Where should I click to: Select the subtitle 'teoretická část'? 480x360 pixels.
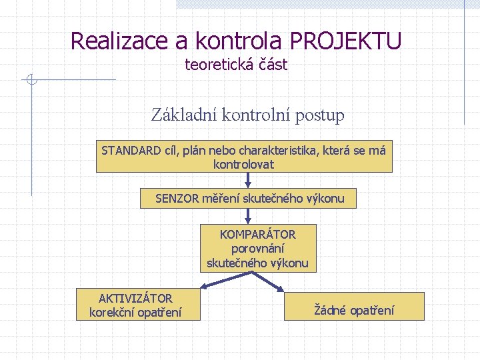pyautogui.click(x=236, y=65)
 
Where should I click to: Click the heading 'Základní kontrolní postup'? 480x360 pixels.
pyautogui.click(x=248, y=115)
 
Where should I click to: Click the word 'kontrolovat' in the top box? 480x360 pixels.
pyautogui.click(x=243, y=164)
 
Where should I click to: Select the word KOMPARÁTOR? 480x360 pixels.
pyautogui.click(x=258, y=235)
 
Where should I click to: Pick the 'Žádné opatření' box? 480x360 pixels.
pyautogui.click(x=354, y=309)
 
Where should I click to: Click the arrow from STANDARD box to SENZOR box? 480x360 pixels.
pyautogui.click(x=248, y=181)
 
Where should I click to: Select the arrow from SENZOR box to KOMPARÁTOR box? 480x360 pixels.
pyautogui.click(x=248, y=215)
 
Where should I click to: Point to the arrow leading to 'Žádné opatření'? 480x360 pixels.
pyautogui.click(x=273, y=283)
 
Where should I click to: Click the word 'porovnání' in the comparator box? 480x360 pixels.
pyautogui.click(x=257, y=249)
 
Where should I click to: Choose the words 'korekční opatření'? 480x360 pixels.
pyautogui.click(x=135, y=312)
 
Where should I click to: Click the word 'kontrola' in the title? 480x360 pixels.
pyautogui.click(x=238, y=41)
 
